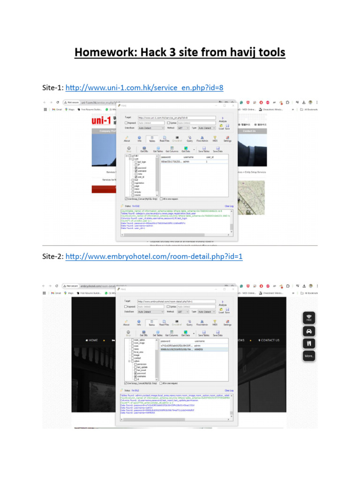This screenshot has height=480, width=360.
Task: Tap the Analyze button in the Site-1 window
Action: pyautogui.click(x=222, y=120)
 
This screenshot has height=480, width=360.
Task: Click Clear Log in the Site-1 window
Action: pyautogui.click(x=229, y=206)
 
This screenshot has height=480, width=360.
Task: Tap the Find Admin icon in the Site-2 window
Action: pyautogui.click(x=202, y=322)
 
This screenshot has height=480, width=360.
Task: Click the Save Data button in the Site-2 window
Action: pyautogui.click(x=217, y=333)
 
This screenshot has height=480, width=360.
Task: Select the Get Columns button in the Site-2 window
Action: pyautogui.click(x=172, y=333)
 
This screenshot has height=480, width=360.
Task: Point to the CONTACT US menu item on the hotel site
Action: pyautogui.click(x=269, y=340)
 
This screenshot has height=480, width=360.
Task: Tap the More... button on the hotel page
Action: pyautogui.click(x=308, y=356)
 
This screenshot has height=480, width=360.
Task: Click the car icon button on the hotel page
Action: pyautogui.click(x=308, y=330)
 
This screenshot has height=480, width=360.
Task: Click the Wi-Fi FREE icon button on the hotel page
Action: pyautogui.click(x=308, y=318)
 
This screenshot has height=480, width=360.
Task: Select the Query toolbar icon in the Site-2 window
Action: pyautogui.click(x=189, y=322)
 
